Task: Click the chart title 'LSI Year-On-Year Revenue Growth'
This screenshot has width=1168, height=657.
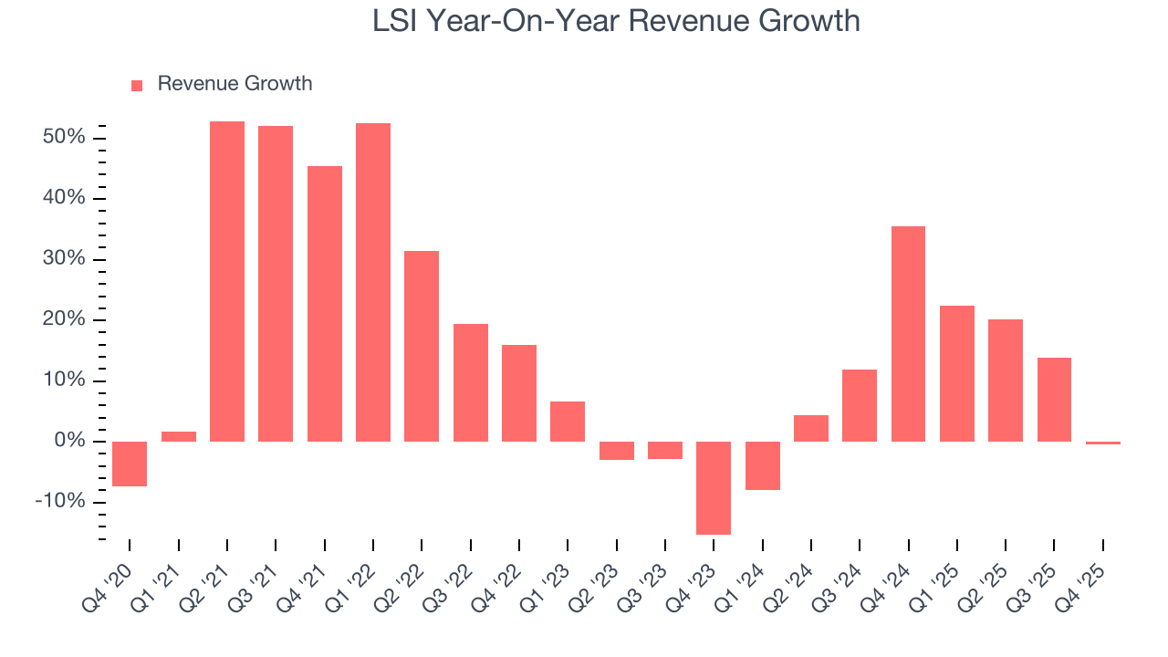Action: click(x=616, y=20)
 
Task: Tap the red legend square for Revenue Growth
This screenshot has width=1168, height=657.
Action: click(x=137, y=85)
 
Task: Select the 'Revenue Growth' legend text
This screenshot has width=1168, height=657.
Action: click(x=235, y=84)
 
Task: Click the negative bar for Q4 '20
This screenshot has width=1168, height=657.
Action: click(x=130, y=464)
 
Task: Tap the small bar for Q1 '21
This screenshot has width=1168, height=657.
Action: click(x=179, y=436)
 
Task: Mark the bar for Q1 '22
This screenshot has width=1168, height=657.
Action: click(x=373, y=282)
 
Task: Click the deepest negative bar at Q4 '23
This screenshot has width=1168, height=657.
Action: click(x=714, y=487)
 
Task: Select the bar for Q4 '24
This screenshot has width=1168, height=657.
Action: click(x=908, y=334)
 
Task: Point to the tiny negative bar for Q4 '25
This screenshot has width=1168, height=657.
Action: click(x=1103, y=443)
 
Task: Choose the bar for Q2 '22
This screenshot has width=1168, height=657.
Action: click(x=422, y=346)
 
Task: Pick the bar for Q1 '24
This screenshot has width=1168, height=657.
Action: click(x=763, y=465)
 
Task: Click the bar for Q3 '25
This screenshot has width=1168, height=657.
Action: click(x=1054, y=400)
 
